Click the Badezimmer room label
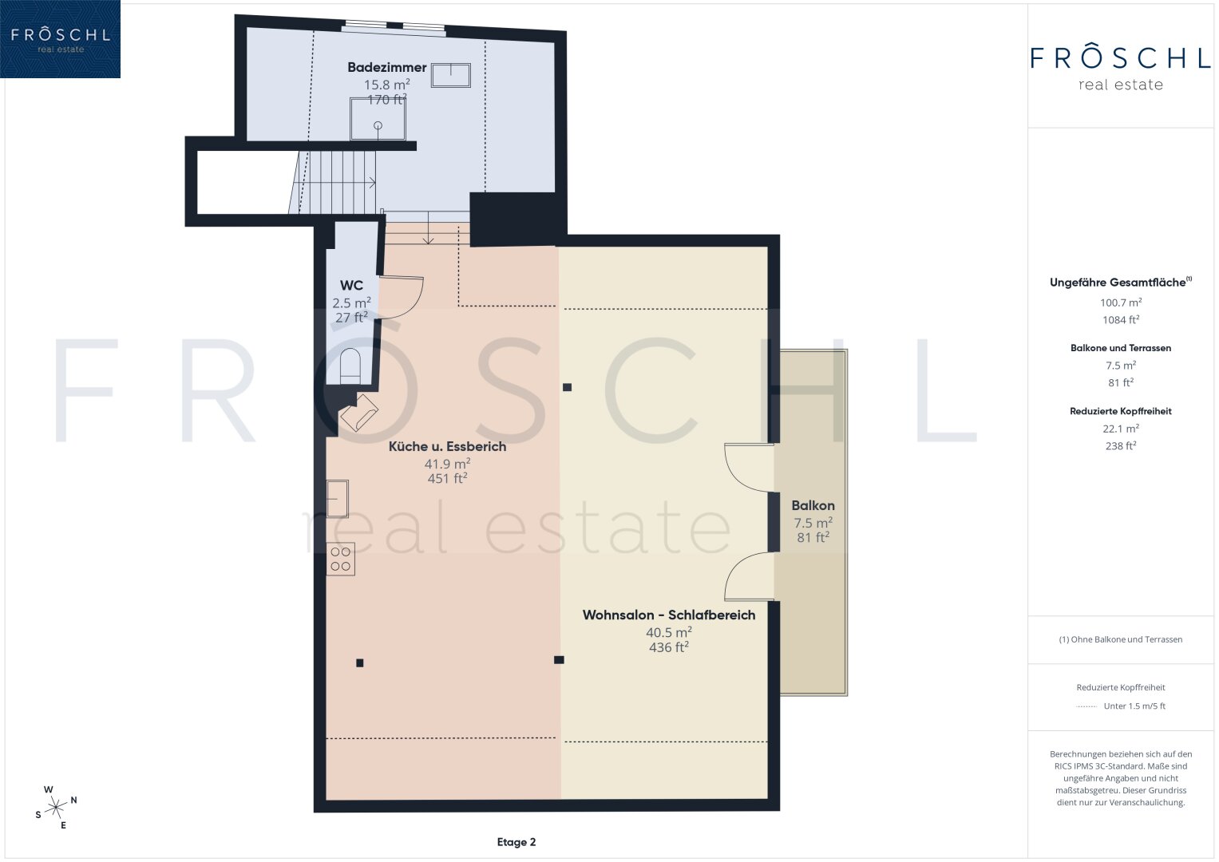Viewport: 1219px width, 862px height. click(x=387, y=68)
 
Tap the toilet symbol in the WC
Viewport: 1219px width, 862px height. click(x=350, y=366)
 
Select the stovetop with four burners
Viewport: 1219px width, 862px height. click(x=341, y=559)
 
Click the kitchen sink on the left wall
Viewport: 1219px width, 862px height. click(x=338, y=499)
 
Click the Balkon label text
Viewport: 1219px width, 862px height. click(x=813, y=505)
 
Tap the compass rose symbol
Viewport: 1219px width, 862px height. click(x=56, y=808)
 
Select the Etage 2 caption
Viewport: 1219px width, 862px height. click(x=516, y=842)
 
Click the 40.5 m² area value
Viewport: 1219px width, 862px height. click(x=669, y=632)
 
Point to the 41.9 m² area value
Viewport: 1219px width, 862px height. click(x=447, y=464)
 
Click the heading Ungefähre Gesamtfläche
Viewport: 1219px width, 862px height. click(x=1118, y=283)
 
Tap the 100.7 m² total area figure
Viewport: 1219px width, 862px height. click(x=1121, y=302)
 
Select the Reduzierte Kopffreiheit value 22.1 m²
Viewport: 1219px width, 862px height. click(x=1121, y=429)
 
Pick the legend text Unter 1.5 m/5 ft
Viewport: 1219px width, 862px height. click(x=1134, y=706)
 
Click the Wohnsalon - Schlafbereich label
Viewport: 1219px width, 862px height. click(x=669, y=615)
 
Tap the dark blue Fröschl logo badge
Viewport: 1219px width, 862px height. click(x=60, y=39)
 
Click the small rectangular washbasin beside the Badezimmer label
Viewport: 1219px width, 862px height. click(x=450, y=75)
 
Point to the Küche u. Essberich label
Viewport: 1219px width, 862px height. click(x=447, y=446)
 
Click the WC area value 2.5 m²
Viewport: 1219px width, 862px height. click(x=351, y=302)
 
